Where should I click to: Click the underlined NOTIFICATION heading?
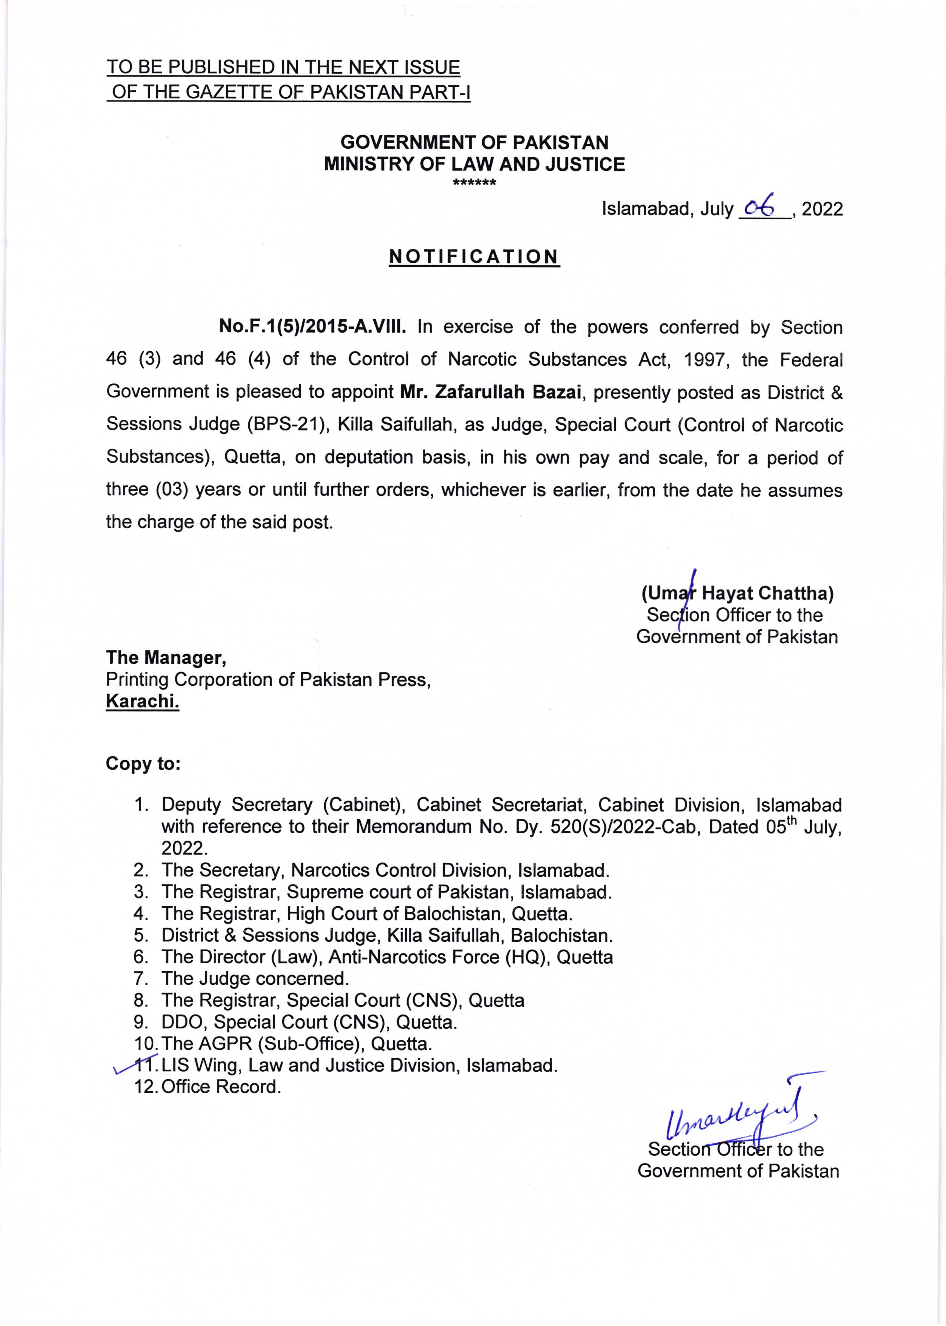474,257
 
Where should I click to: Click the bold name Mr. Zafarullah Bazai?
491,392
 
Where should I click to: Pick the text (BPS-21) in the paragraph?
285,424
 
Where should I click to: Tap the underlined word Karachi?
142,701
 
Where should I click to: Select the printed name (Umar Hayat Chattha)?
737,593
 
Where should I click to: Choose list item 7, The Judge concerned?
255,979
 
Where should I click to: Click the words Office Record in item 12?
222,1087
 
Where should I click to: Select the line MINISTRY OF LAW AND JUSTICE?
474,164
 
